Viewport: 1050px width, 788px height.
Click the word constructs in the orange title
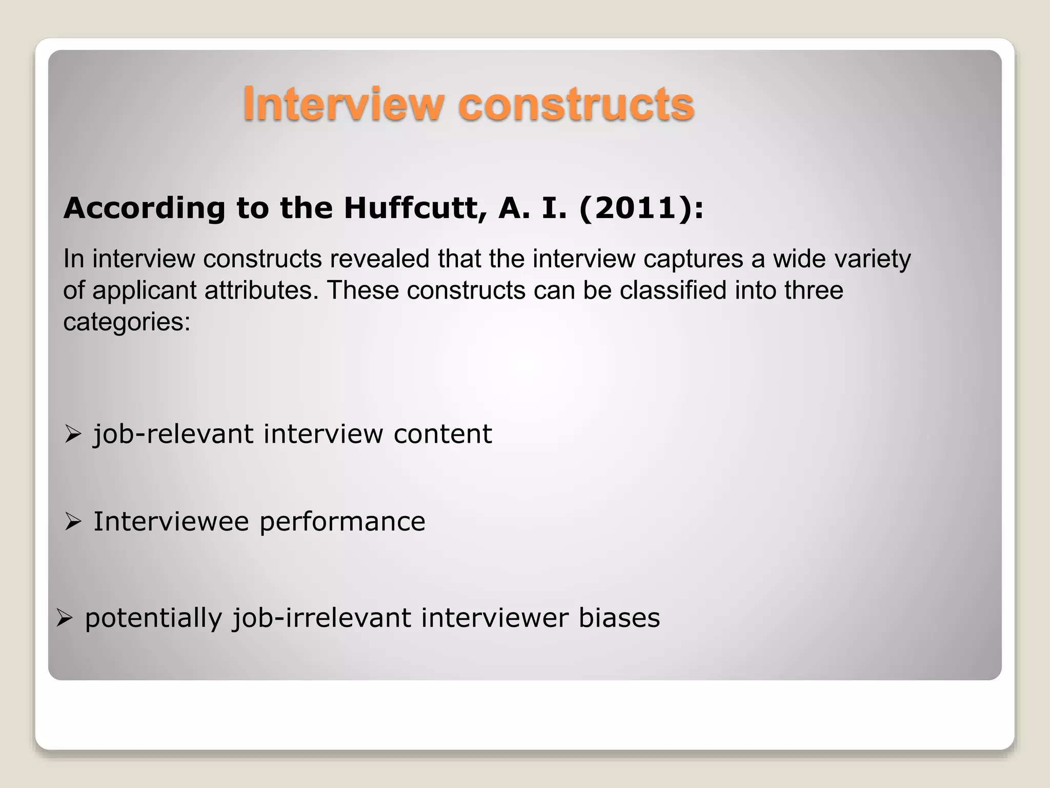(x=576, y=104)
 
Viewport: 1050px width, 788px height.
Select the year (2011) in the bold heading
(x=635, y=209)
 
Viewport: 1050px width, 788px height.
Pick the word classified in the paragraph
(x=673, y=291)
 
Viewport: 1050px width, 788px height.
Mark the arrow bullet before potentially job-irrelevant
(x=64, y=618)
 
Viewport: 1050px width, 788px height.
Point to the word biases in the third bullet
(x=619, y=618)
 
